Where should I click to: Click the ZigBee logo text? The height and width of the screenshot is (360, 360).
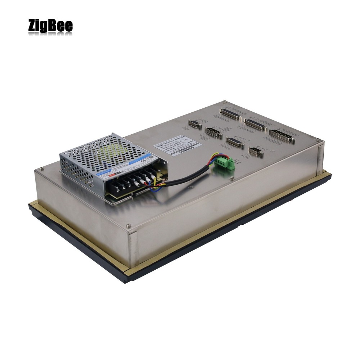point(50,26)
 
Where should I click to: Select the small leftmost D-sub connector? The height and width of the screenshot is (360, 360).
point(194,124)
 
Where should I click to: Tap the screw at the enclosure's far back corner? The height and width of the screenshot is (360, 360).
point(224,102)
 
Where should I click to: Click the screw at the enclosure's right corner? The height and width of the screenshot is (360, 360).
point(318,140)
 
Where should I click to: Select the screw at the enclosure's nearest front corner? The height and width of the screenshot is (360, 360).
point(129,226)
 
